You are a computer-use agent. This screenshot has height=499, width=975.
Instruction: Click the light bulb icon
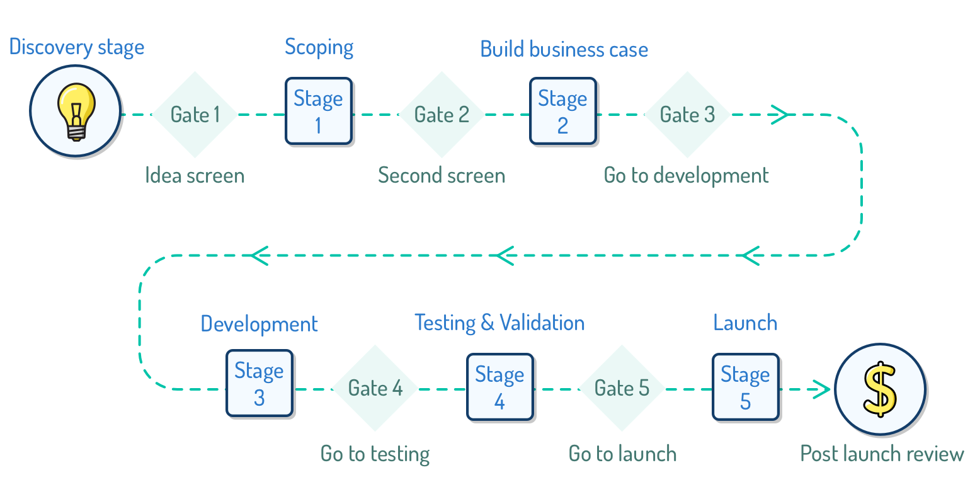[x=76, y=112]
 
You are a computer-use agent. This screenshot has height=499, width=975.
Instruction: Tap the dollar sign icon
[x=880, y=389]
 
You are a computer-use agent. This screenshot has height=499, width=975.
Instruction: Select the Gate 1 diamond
[x=195, y=115]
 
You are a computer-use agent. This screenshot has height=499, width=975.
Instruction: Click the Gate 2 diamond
[x=442, y=115]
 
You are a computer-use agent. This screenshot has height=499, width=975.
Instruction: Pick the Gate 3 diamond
[x=687, y=115]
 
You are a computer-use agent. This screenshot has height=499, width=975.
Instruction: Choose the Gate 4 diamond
[x=375, y=388]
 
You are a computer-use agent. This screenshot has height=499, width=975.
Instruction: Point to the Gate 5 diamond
[x=622, y=388]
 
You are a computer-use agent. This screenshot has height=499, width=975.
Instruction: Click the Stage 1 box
[x=319, y=111]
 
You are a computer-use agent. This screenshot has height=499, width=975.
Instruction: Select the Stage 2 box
[x=563, y=111]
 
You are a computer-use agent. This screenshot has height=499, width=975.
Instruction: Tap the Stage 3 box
[x=259, y=384]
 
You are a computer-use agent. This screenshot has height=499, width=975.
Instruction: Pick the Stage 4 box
[x=499, y=387]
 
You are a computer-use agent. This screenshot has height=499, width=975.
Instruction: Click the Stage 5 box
[x=746, y=387]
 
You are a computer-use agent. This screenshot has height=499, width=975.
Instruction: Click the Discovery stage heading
[x=77, y=47]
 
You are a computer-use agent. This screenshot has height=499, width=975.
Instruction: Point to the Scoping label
[x=319, y=47]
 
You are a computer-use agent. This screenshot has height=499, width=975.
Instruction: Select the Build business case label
[x=564, y=49]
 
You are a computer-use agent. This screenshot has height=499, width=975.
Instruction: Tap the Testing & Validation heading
[x=499, y=323]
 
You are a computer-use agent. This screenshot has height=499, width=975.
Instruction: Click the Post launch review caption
[x=882, y=454]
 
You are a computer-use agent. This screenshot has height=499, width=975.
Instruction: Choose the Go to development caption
[x=687, y=176]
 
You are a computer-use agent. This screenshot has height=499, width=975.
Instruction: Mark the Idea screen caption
[x=195, y=176]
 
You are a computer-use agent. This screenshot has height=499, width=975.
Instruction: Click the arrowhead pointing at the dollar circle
[x=822, y=389]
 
